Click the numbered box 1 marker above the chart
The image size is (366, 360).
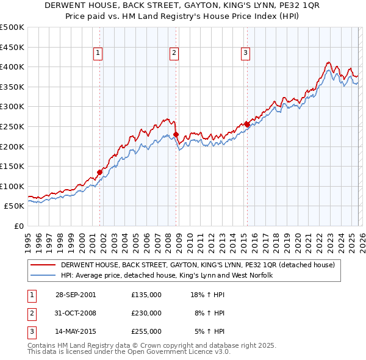[99, 54]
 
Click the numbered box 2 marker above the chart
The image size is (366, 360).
[174, 54]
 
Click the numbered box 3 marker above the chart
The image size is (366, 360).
[245, 54]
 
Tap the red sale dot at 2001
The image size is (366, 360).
[100, 172]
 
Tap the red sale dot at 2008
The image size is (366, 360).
[176, 134]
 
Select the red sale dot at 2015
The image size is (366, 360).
[247, 124]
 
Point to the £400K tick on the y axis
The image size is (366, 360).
[12, 67]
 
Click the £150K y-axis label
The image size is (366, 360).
[12, 166]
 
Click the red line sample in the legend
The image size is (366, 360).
[43, 265]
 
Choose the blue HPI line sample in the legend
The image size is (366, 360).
[43, 276]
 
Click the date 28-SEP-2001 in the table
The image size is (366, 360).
[75, 295]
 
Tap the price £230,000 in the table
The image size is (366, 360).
[146, 313]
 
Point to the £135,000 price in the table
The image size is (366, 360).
[146, 295]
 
